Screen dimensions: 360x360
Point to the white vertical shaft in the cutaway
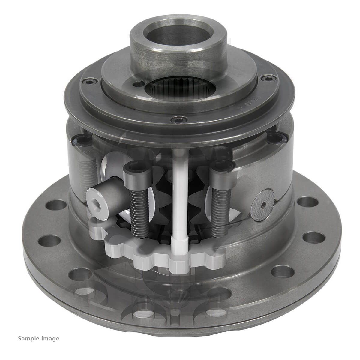[x=180, y=195]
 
